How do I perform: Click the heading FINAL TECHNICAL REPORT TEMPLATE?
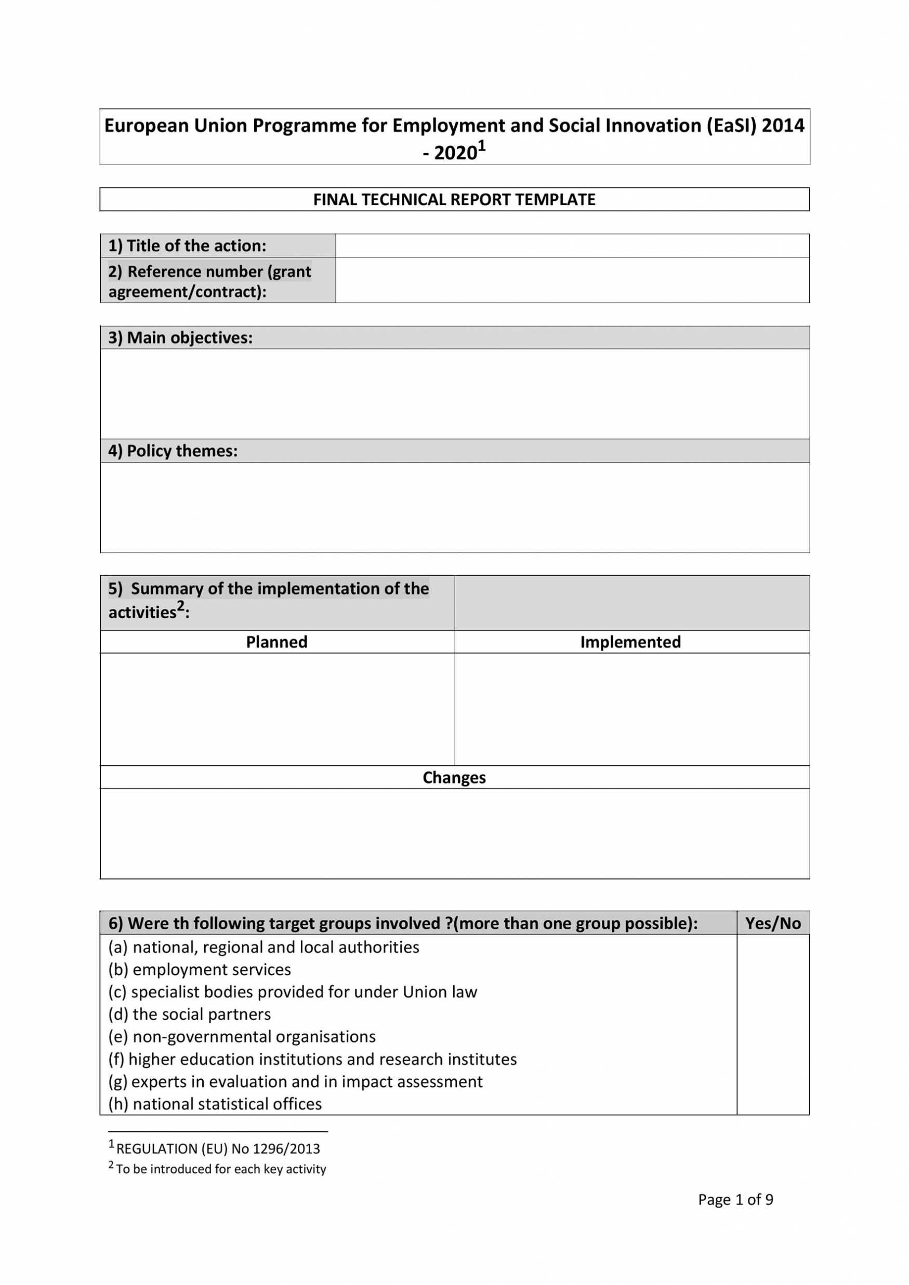454,200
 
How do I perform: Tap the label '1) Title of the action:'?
187,246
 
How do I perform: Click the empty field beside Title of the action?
572,246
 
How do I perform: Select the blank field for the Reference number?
572,280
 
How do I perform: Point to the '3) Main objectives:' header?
180,338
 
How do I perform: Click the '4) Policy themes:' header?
173,451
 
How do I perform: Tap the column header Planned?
276,642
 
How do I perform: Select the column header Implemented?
630,642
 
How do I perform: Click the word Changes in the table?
454,777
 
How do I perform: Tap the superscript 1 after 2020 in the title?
482,146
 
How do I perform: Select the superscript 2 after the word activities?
180,606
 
